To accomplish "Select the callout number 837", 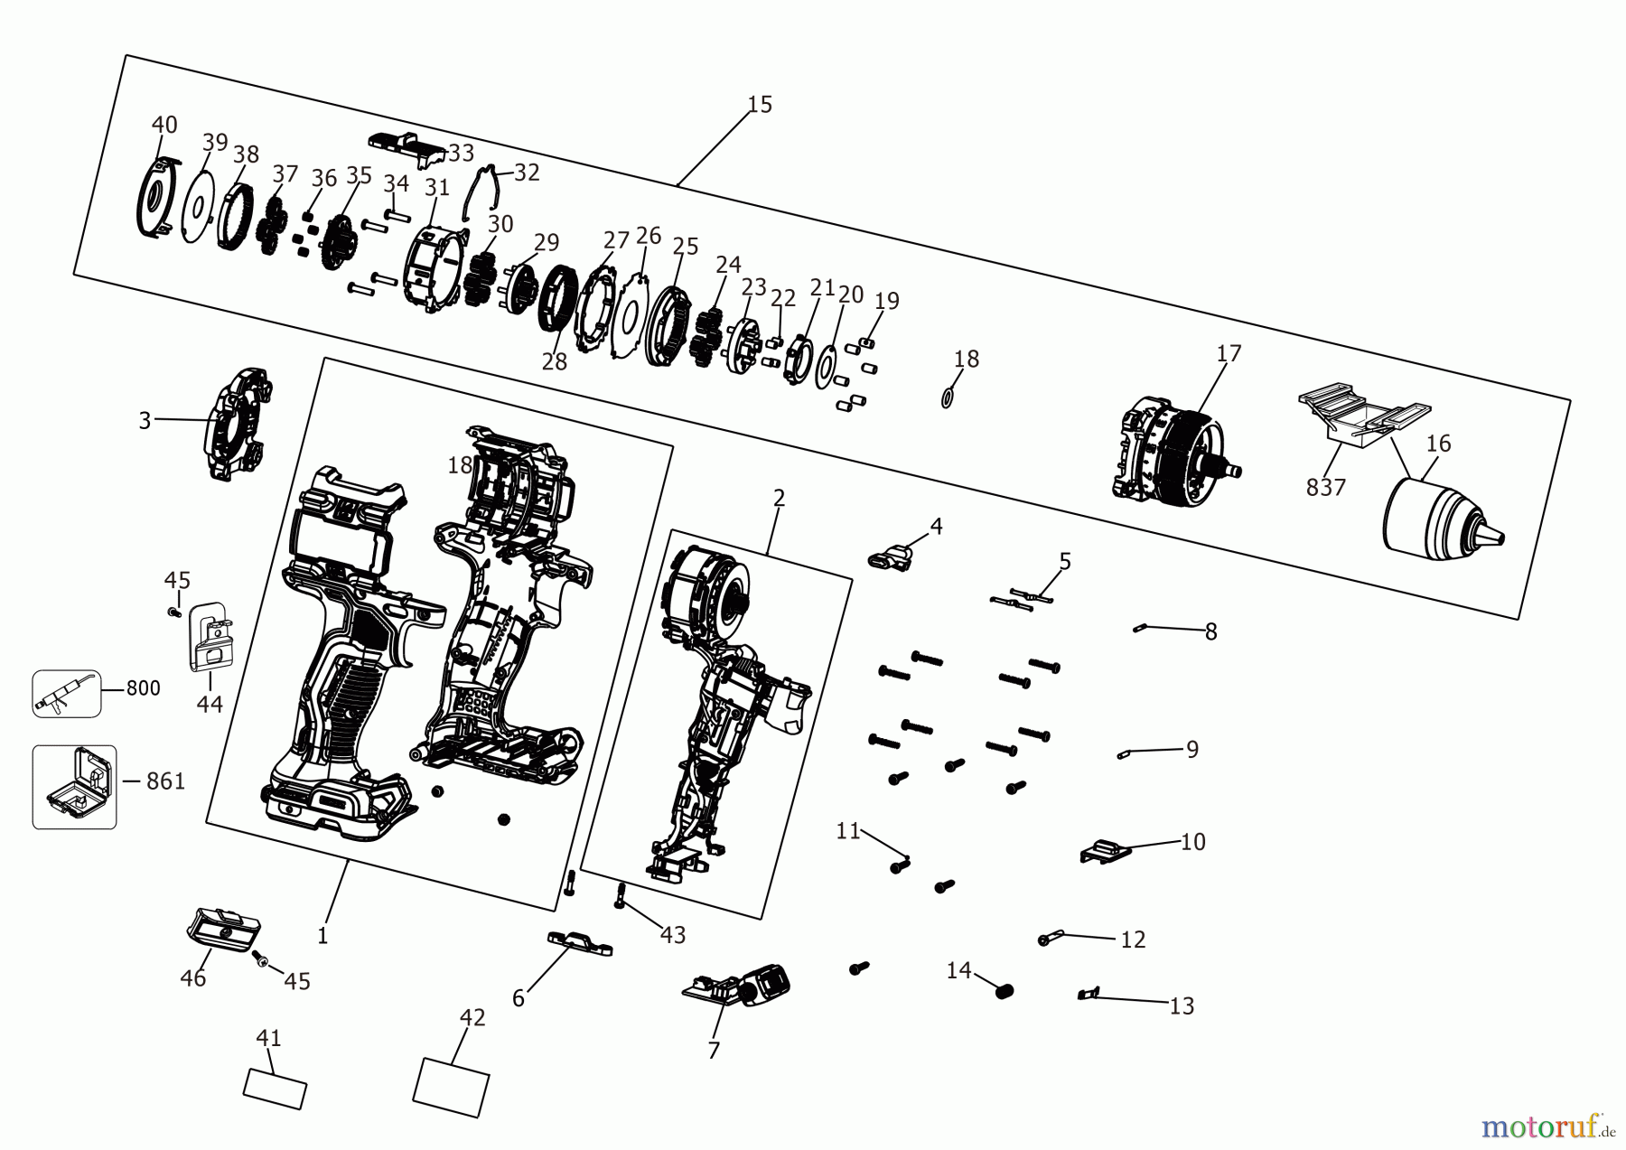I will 1325,488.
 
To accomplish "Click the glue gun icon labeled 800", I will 66,694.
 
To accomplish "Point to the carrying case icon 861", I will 75,787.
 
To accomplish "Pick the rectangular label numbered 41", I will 275,1089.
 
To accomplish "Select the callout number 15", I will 760,105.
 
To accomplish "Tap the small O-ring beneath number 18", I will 947,397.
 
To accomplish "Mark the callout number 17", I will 1229,353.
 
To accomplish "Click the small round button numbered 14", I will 1004,991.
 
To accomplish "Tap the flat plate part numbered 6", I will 579,943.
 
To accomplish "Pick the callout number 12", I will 1133,940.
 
